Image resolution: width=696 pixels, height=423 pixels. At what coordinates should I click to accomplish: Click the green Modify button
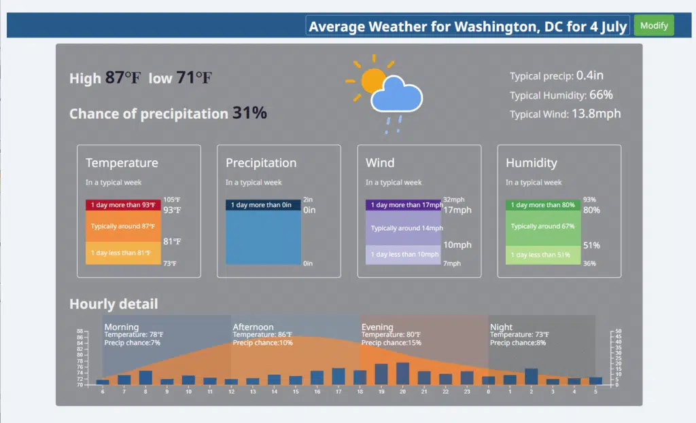(x=654, y=26)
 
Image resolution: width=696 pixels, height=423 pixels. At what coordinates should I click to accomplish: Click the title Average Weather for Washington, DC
(x=468, y=26)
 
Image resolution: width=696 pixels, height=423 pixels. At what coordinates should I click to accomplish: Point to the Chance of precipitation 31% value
(x=249, y=113)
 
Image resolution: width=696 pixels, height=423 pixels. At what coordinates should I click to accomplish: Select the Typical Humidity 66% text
(x=561, y=95)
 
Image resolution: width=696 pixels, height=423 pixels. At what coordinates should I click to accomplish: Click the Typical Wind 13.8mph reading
(x=565, y=114)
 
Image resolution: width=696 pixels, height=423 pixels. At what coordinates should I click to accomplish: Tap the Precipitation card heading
(x=261, y=163)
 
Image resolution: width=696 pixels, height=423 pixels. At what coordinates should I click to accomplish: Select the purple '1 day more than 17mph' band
(x=404, y=204)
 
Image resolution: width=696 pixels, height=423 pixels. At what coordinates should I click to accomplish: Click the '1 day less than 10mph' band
(x=404, y=255)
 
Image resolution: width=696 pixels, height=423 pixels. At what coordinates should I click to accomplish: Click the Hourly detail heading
(x=114, y=304)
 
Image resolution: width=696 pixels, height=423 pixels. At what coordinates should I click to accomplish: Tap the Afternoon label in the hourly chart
(x=253, y=327)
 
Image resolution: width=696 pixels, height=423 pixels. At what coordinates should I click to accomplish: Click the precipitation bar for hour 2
(x=532, y=377)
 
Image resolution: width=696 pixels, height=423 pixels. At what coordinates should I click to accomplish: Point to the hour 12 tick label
(x=231, y=392)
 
